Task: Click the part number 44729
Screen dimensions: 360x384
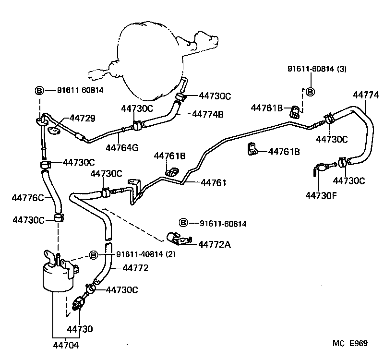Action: pos(82,118)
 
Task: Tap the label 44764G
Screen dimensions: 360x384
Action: pos(122,147)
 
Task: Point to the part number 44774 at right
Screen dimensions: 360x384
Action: pos(366,95)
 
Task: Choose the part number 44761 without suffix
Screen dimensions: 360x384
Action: pos(214,182)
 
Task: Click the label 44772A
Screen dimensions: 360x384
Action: pos(215,245)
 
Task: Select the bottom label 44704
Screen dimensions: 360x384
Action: pos(66,345)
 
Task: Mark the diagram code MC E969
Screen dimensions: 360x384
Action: pos(350,343)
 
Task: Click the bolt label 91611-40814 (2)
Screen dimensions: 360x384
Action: pos(146,254)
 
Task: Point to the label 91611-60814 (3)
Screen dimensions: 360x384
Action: pos(317,69)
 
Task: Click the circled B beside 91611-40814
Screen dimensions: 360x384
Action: pos(94,254)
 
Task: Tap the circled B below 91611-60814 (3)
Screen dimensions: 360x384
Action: pos(310,92)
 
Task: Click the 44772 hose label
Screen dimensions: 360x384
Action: pos(135,268)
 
